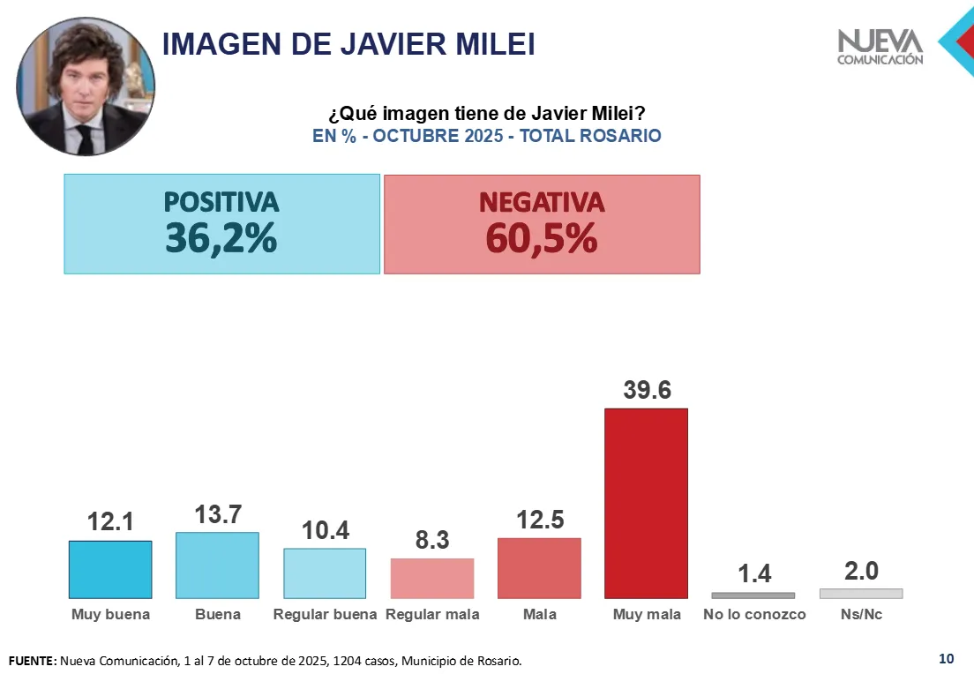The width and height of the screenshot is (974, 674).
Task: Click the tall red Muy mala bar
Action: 646,503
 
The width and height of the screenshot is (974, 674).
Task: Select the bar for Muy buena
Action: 110,570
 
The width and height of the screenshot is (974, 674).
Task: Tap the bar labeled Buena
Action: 217,565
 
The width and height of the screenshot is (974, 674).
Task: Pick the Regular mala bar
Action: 432,579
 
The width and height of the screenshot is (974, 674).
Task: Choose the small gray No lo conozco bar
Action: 753,595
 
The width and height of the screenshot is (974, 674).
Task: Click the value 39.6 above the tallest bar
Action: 647,390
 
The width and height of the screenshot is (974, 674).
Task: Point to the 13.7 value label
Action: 218,515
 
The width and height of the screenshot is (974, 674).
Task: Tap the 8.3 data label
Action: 432,541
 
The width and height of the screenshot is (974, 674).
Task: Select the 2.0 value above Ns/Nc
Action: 861,571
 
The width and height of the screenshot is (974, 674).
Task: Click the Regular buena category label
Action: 325,614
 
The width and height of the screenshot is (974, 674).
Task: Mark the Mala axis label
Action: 539,614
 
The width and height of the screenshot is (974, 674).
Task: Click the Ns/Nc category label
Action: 861,614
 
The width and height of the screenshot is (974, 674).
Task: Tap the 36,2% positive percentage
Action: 221,239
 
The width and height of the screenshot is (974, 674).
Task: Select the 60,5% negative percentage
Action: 541,239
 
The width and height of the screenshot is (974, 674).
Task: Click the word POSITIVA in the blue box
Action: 221,202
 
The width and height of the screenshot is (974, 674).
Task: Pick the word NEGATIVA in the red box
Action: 542,202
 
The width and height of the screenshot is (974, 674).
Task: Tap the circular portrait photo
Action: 86,86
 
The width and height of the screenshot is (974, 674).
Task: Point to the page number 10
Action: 946,658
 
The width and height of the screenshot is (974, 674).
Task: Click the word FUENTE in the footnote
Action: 32,661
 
